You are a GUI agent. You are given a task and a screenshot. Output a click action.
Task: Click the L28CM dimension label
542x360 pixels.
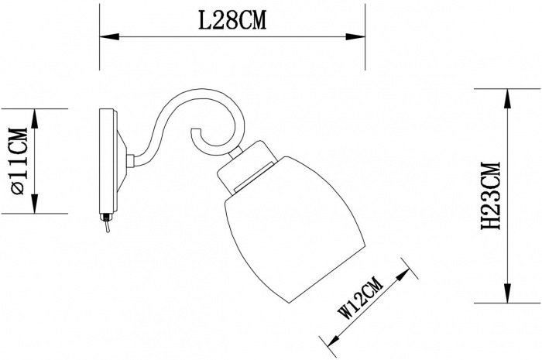tap(232, 20)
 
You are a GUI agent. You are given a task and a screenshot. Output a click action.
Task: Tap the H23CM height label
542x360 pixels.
tap(491, 196)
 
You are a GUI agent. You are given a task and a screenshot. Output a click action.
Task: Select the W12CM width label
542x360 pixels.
tap(362, 298)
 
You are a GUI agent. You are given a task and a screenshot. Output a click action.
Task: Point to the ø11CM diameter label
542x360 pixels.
tap(19, 161)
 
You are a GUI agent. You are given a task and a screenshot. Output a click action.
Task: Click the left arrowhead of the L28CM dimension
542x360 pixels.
tap(109, 36)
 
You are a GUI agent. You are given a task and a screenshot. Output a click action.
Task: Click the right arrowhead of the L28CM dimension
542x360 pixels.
tap(355, 36)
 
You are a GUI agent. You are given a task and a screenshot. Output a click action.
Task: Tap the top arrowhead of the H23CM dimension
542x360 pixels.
tap(507, 98)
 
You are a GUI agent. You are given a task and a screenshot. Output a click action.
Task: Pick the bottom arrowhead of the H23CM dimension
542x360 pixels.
tap(507, 293)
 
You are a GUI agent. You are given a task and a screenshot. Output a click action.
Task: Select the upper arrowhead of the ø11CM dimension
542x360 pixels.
tap(35, 118)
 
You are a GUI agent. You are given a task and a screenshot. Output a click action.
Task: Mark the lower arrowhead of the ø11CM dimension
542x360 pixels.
tap(35, 204)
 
